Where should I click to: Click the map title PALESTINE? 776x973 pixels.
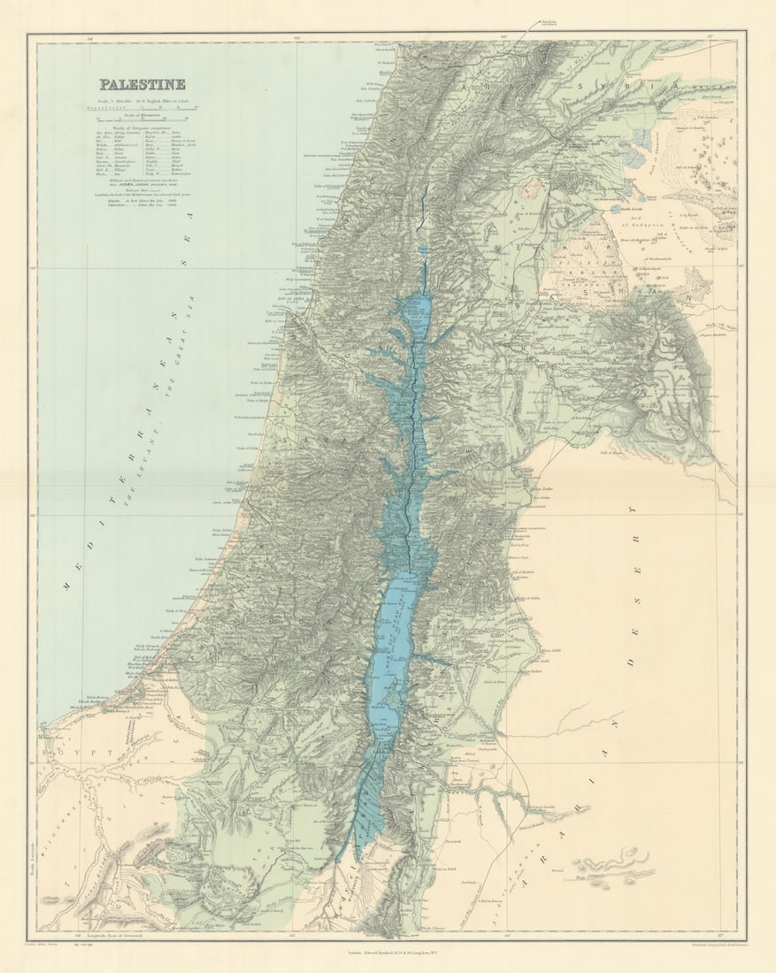click(x=142, y=85)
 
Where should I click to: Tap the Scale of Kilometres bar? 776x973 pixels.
click(x=142, y=116)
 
